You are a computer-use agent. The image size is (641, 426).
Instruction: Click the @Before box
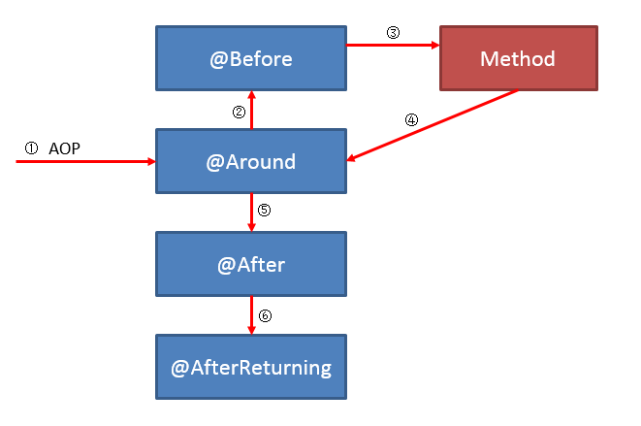[x=251, y=58]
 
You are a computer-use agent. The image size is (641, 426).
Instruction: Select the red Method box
[x=519, y=58]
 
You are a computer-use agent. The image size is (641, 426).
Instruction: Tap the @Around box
[x=251, y=161]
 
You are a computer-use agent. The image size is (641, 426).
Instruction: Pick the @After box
[x=251, y=264]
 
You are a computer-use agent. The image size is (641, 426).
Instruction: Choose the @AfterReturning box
[x=251, y=367]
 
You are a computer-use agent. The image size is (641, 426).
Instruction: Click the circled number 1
[x=31, y=148]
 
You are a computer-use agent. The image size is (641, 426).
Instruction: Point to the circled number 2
[x=239, y=113]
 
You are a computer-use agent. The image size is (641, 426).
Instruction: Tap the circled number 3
[x=394, y=33]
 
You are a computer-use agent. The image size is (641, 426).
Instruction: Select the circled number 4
[x=412, y=120]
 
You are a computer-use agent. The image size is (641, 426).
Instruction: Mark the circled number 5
[x=264, y=210]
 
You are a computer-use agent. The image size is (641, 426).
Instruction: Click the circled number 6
[x=265, y=315]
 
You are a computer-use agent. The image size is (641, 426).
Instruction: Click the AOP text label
[x=64, y=148]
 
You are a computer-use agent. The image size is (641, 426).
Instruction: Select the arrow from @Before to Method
[x=394, y=45]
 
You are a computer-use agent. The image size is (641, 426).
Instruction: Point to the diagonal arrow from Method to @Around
[x=433, y=125]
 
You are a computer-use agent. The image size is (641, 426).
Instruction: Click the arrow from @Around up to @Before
[x=251, y=110]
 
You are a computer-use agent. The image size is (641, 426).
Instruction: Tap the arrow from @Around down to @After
[x=251, y=213]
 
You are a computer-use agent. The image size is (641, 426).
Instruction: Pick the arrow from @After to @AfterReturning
[x=251, y=315]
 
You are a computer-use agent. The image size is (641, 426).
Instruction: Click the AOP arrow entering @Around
[x=86, y=162]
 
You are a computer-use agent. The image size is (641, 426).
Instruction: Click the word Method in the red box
[x=518, y=59]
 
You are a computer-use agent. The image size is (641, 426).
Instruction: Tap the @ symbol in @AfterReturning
[x=179, y=369]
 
